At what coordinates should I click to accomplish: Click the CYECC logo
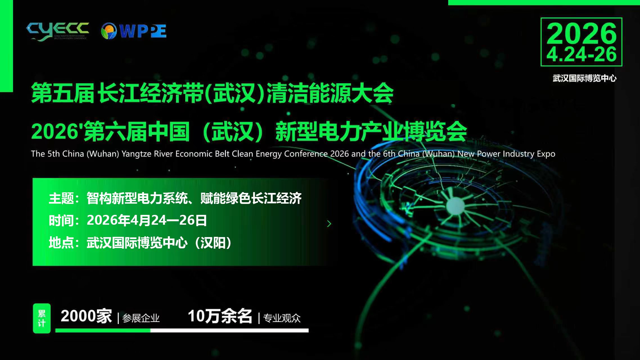58,31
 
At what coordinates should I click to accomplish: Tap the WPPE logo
134,31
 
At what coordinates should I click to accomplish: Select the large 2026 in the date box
581,33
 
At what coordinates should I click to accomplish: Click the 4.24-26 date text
581,54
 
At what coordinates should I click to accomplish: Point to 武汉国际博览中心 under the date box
584,78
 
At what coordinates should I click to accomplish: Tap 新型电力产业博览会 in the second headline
371,132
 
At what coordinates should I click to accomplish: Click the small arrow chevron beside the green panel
329,224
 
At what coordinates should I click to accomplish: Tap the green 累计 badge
42,318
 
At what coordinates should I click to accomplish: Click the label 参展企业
141,318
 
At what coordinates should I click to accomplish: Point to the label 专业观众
282,318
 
